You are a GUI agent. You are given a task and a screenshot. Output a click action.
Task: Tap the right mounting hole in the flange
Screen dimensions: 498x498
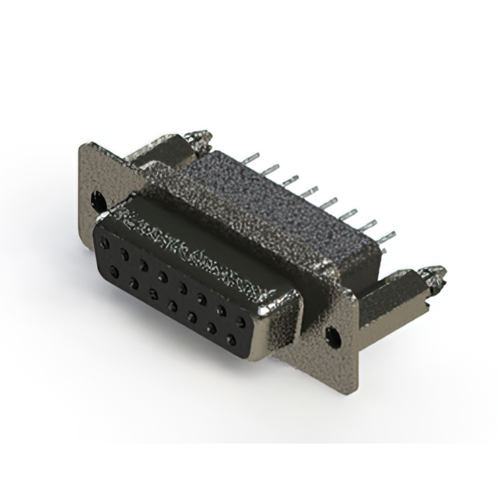(335, 336)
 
